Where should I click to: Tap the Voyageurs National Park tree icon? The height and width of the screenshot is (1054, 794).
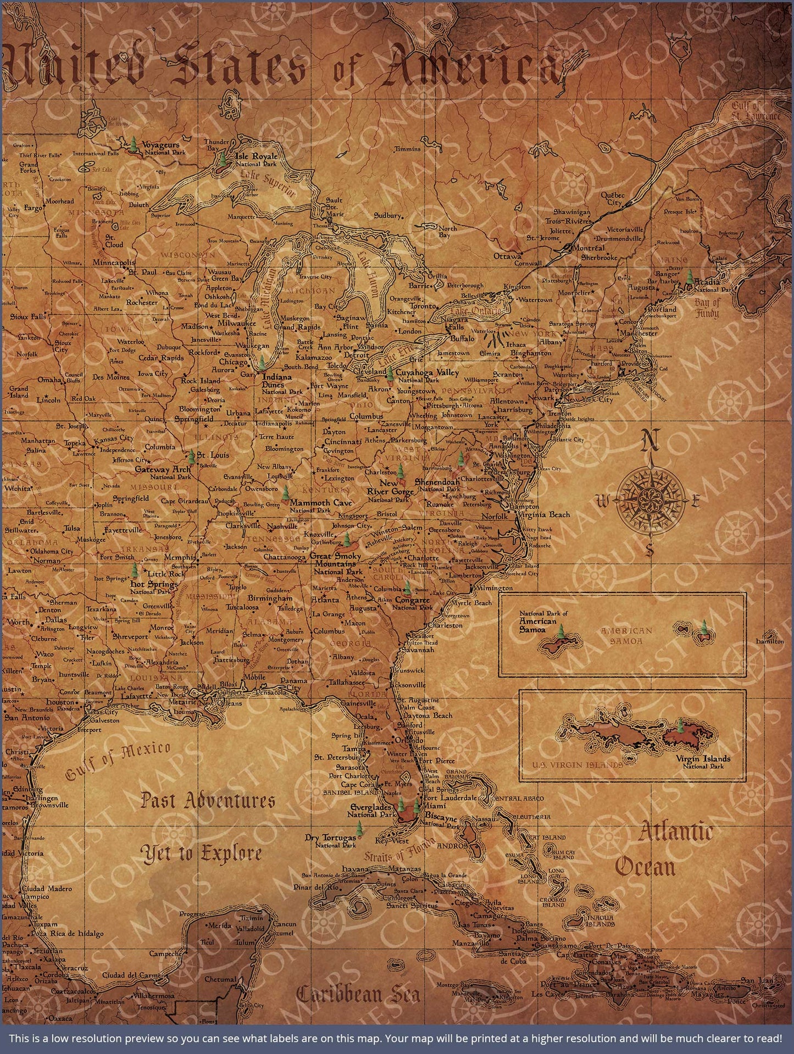pyautogui.click(x=134, y=145)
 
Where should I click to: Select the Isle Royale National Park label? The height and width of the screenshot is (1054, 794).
pyautogui.click(x=256, y=159)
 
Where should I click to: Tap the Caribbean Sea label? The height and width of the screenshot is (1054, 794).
pyautogui.click(x=358, y=994)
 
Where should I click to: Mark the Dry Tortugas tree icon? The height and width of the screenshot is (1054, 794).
pyautogui.click(x=359, y=828)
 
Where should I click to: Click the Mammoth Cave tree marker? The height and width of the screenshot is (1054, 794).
pyautogui.click(x=285, y=493)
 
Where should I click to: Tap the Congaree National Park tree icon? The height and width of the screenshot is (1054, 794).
pyautogui.click(x=407, y=590)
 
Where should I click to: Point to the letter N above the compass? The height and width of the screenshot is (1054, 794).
pyautogui.click(x=651, y=439)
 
